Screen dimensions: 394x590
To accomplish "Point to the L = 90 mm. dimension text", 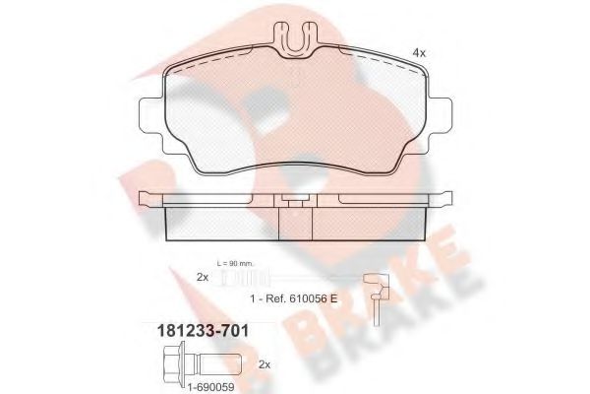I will tap(247, 264).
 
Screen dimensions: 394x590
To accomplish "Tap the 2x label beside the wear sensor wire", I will tap(202, 278).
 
